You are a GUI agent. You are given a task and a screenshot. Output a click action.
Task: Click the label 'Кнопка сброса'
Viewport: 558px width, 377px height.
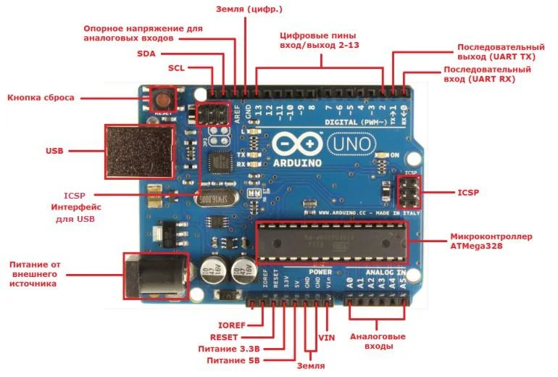point(41,97)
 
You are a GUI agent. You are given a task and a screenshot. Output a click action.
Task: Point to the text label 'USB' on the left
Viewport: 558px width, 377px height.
point(54,151)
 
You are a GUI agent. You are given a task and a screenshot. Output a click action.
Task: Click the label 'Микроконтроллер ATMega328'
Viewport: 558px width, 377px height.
point(491,241)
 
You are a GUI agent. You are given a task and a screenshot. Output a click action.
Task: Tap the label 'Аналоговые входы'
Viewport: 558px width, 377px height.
point(378,341)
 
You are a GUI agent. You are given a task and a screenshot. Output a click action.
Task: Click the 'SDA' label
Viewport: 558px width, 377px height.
point(146,54)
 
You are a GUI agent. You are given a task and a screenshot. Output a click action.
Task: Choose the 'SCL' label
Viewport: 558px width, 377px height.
point(177,68)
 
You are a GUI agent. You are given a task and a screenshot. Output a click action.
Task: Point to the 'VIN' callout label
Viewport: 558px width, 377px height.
point(327,338)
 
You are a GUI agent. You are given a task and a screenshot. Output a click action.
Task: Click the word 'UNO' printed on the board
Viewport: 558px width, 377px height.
point(353,145)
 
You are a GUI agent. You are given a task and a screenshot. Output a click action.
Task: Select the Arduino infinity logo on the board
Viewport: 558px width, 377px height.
point(298,145)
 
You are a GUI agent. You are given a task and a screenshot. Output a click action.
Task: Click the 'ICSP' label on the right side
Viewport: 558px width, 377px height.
point(468,193)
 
